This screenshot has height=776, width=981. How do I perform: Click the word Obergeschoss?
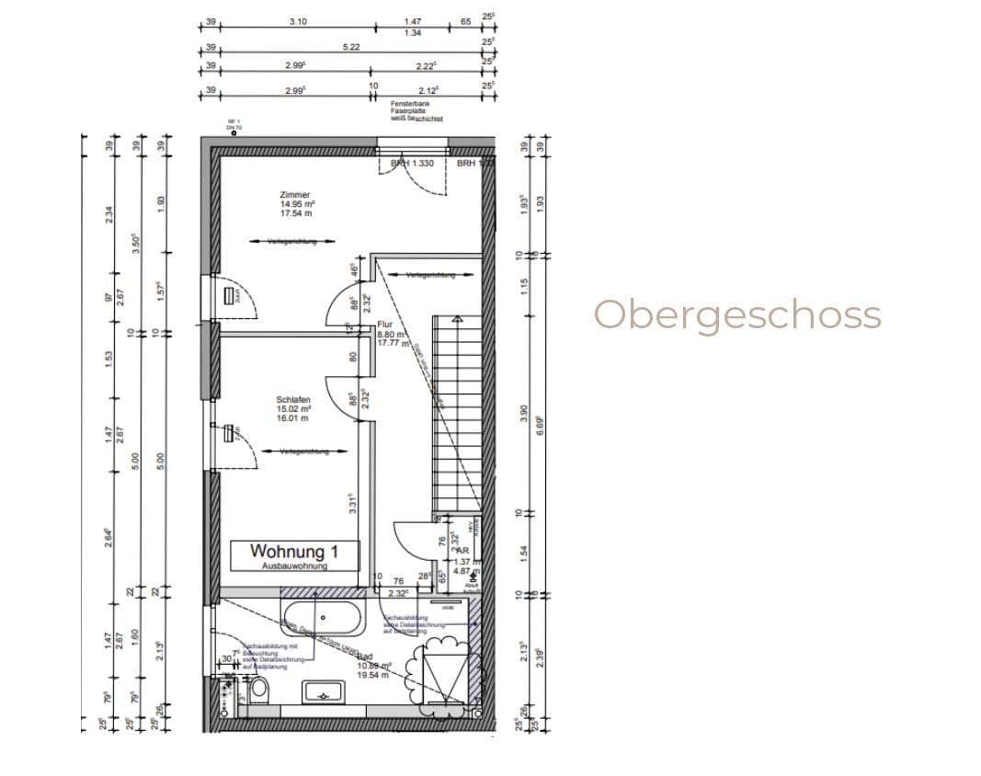pos(737,314)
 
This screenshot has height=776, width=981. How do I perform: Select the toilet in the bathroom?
pos(259,688)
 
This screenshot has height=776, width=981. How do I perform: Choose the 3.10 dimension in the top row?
pos(298,20)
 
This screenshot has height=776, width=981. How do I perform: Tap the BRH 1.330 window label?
pos(412,163)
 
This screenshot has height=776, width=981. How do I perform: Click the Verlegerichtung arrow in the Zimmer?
pos(291,242)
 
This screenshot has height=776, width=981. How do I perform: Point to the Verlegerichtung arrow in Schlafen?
pos(304,451)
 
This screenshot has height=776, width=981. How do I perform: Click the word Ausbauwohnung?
pos(294,566)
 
